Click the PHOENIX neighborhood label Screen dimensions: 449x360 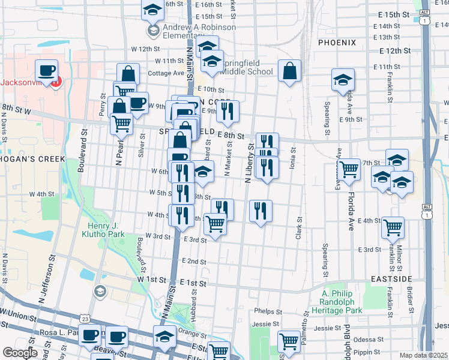pos(337,43)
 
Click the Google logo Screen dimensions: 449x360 pos(20,352)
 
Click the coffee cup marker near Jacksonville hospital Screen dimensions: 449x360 pos(46,71)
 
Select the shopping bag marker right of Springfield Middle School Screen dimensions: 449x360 pos(289,71)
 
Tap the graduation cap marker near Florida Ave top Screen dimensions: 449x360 pos(343,80)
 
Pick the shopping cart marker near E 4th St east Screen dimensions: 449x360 pos(393,228)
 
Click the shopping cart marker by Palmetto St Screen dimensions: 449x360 pos(289,341)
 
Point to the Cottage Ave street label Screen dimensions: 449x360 pos(166,73)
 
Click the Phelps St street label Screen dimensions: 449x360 pos(268,311)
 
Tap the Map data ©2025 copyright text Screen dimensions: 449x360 pos(424,355)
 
